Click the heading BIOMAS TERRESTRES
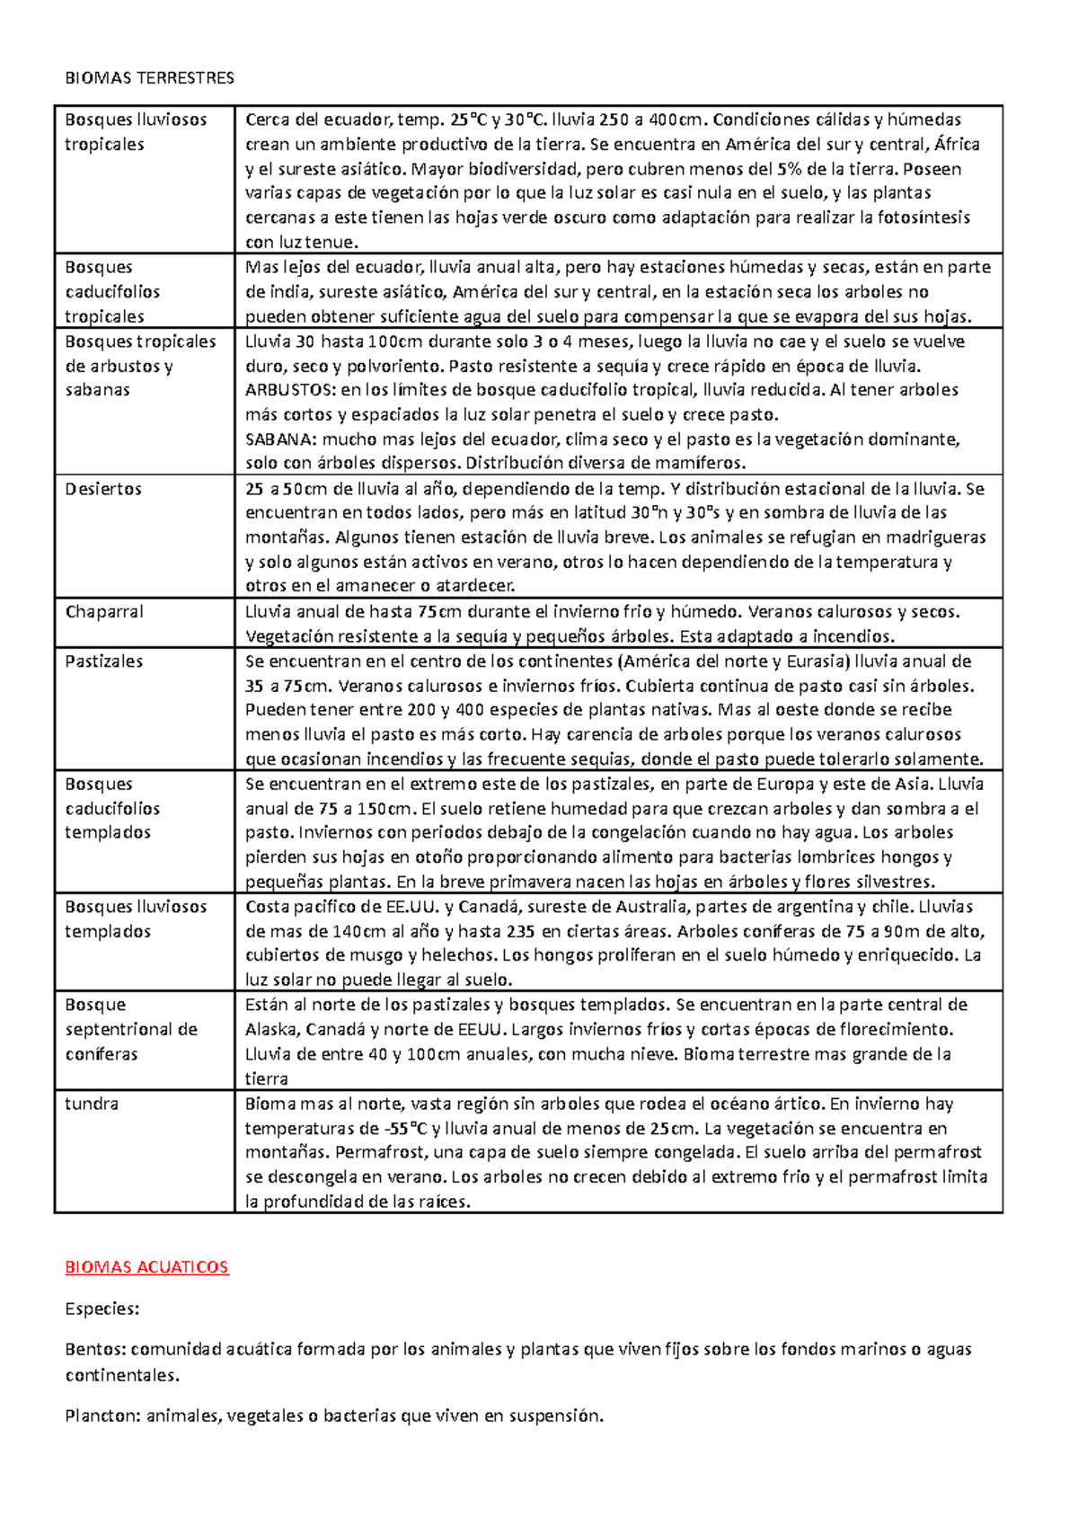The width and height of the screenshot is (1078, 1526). click(x=149, y=78)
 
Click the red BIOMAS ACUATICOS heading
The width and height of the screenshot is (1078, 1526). click(x=146, y=1267)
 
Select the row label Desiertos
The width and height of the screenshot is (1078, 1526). click(x=103, y=489)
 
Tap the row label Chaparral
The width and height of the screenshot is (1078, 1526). click(x=104, y=612)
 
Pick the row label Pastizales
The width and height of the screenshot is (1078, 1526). click(x=103, y=661)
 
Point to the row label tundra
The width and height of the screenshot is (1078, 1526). click(x=92, y=1104)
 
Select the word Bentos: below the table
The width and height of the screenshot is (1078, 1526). click(x=95, y=1349)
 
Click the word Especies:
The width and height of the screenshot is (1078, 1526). click(x=102, y=1309)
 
